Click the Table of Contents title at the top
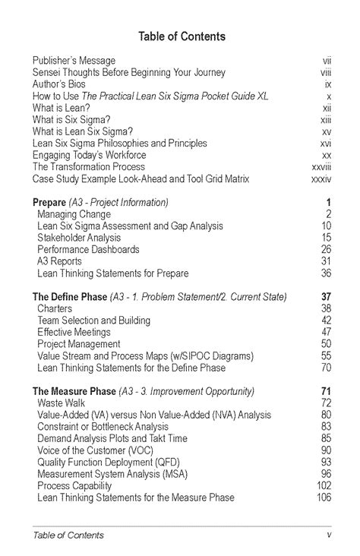click(182, 36)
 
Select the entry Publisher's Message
click(74, 60)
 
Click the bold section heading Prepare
click(49, 203)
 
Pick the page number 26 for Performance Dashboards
click(326, 249)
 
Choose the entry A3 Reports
click(59, 261)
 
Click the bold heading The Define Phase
click(70, 297)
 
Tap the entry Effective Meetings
click(74, 332)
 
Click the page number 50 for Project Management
click(326, 344)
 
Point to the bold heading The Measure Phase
click(74, 391)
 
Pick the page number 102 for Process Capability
click(324, 485)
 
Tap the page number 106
click(324, 498)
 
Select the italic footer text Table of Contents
click(68, 535)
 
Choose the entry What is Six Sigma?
click(71, 119)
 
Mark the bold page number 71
click(327, 391)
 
